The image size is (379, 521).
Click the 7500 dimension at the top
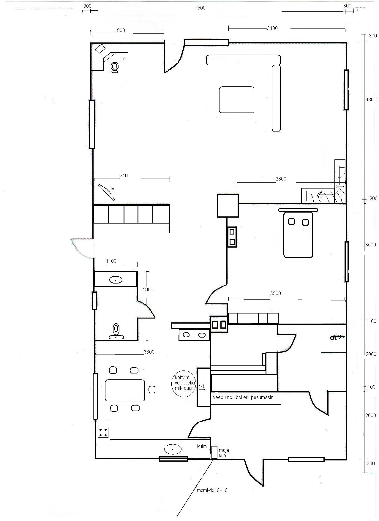tap(200, 8)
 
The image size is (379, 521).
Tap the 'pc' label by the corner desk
tap(123, 59)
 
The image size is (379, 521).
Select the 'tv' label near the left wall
tap(113, 189)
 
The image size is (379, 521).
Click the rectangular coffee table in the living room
tap(236, 100)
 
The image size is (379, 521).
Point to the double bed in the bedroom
tap(298, 233)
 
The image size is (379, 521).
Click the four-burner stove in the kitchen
tap(103, 432)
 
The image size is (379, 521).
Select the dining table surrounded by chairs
tap(125, 390)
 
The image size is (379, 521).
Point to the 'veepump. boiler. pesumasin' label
tap(243, 397)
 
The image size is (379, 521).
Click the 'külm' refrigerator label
tap(202, 446)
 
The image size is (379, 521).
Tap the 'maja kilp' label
tap(224, 453)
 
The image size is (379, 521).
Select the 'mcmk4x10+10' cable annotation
tap(212, 490)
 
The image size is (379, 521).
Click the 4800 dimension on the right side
tap(371, 99)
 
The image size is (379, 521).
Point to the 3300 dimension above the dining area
tap(149, 352)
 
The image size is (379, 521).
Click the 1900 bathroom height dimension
tap(148, 289)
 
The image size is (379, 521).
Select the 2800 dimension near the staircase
tap(281, 179)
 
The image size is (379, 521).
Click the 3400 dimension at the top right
tap(272, 28)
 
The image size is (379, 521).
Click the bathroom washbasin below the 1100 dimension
tap(116, 280)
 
